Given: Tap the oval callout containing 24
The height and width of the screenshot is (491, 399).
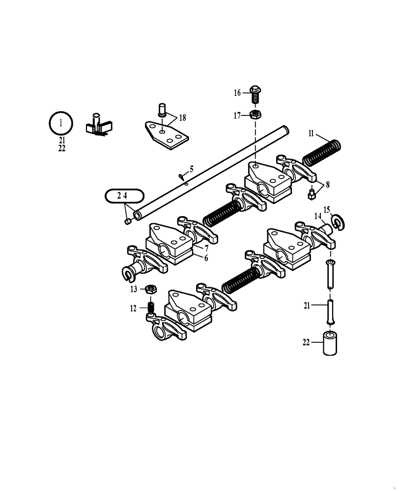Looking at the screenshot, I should pyautogui.click(x=124, y=195).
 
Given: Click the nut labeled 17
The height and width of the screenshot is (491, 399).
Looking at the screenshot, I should pyautogui.click(x=255, y=115).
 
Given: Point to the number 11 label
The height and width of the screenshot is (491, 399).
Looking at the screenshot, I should pyautogui.click(x=311, y=133).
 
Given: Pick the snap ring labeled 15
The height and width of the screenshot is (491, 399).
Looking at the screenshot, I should pyautogui.click(x=339, y=222).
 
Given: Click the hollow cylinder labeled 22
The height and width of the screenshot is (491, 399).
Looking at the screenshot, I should pyautogui.click(x=330, y=343).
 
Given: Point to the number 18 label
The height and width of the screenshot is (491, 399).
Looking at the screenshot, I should pyautogui.click(x=182, y=117).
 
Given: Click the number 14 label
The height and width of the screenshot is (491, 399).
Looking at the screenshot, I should pyautogui.click(x=318, y=216).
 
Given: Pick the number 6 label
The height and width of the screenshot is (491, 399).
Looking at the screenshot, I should pyautogui.click(x=206, y=257).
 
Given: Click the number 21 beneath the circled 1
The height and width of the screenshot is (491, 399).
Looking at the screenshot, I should pyautogui.click(x=61, y=141).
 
